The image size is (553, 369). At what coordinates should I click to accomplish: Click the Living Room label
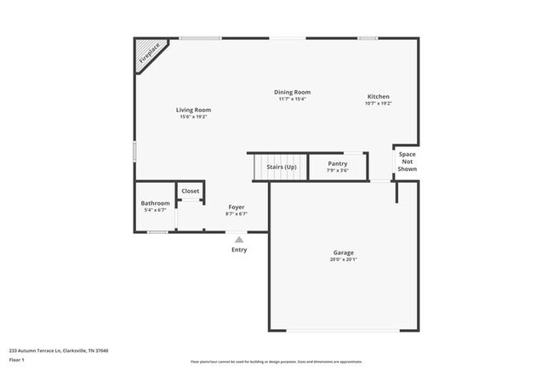193,110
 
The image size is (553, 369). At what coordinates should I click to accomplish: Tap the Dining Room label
292,92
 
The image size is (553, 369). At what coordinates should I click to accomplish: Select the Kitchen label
378,96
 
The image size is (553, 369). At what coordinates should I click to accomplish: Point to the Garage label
343,253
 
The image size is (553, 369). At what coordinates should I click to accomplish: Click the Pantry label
337,163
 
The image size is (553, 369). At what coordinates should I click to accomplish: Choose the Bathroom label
155,203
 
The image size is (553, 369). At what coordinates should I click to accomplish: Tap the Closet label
190,191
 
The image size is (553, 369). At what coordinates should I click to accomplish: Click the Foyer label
236,207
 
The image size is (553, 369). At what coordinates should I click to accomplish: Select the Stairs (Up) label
281,167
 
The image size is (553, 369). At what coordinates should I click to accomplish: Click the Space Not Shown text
407,162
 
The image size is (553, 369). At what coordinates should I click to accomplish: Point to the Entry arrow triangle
239,240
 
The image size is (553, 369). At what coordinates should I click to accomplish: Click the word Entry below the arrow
239,250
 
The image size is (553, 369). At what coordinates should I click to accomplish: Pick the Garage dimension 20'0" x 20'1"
343,260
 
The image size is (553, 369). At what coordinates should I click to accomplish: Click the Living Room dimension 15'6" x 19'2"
193,117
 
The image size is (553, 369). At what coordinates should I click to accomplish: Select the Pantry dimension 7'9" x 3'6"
337,171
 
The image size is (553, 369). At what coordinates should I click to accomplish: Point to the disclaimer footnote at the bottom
276,361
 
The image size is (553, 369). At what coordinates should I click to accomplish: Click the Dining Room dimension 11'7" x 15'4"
292,99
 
